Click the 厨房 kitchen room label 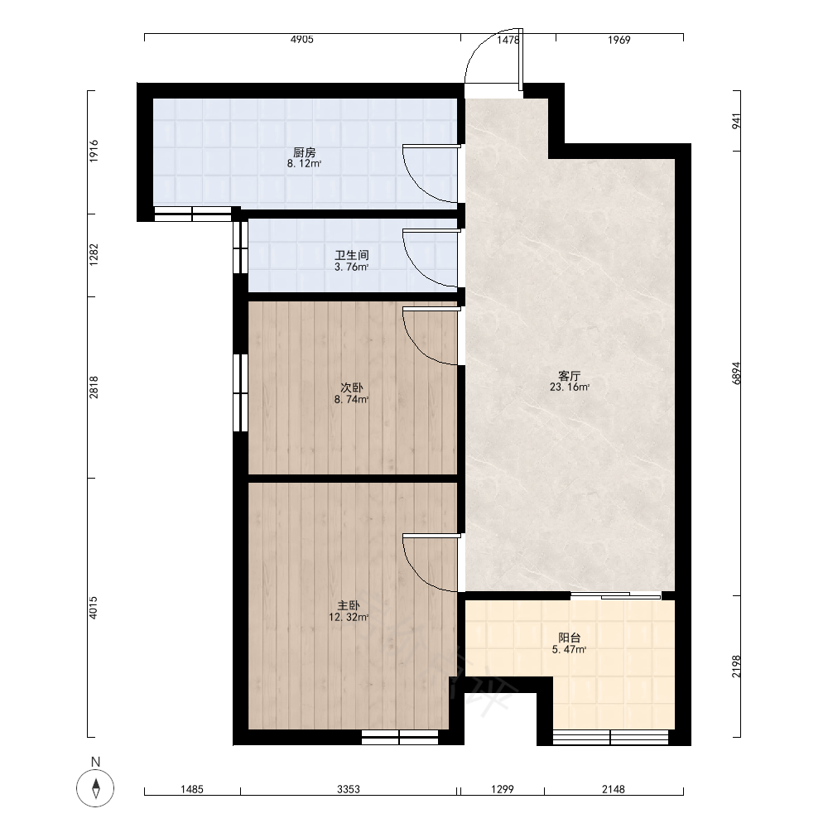coord(304,152)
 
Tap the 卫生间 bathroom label coord(352,256)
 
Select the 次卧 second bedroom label coord(351,388)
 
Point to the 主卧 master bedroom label coord(349,605)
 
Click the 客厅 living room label coord(570,376)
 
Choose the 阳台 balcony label coord(570,638)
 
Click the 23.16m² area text coord(570,387)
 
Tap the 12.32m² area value coord(349,618)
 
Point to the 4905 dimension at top coord(301,40)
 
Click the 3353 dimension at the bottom coord(349,789)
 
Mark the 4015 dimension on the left coord(93,607)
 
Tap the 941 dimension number coord(737,120)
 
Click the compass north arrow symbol coord(95,788)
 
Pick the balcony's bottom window coord(610,737)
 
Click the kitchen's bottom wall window coord(193,214)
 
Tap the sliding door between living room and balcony coord(616,595)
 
